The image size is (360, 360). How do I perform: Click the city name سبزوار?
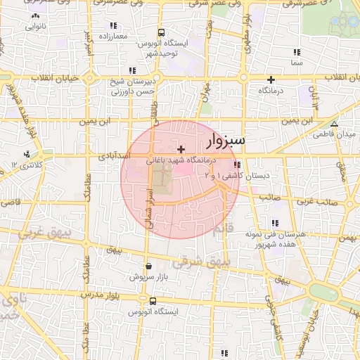coord(226,142)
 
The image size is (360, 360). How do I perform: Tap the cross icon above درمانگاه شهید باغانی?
coord(182,149)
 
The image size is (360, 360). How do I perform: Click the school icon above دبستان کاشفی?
coord(235,165)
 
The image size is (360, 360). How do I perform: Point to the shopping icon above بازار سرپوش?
coord(149,266)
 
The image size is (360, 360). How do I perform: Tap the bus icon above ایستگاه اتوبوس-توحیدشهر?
coord(162,32)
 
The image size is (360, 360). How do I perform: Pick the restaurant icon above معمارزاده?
coord(112,25)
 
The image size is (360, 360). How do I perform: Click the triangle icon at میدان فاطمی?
coord(335,123)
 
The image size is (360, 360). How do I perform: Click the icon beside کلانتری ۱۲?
coord(27,154)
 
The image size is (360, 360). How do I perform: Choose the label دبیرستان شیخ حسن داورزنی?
coord(131,86)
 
